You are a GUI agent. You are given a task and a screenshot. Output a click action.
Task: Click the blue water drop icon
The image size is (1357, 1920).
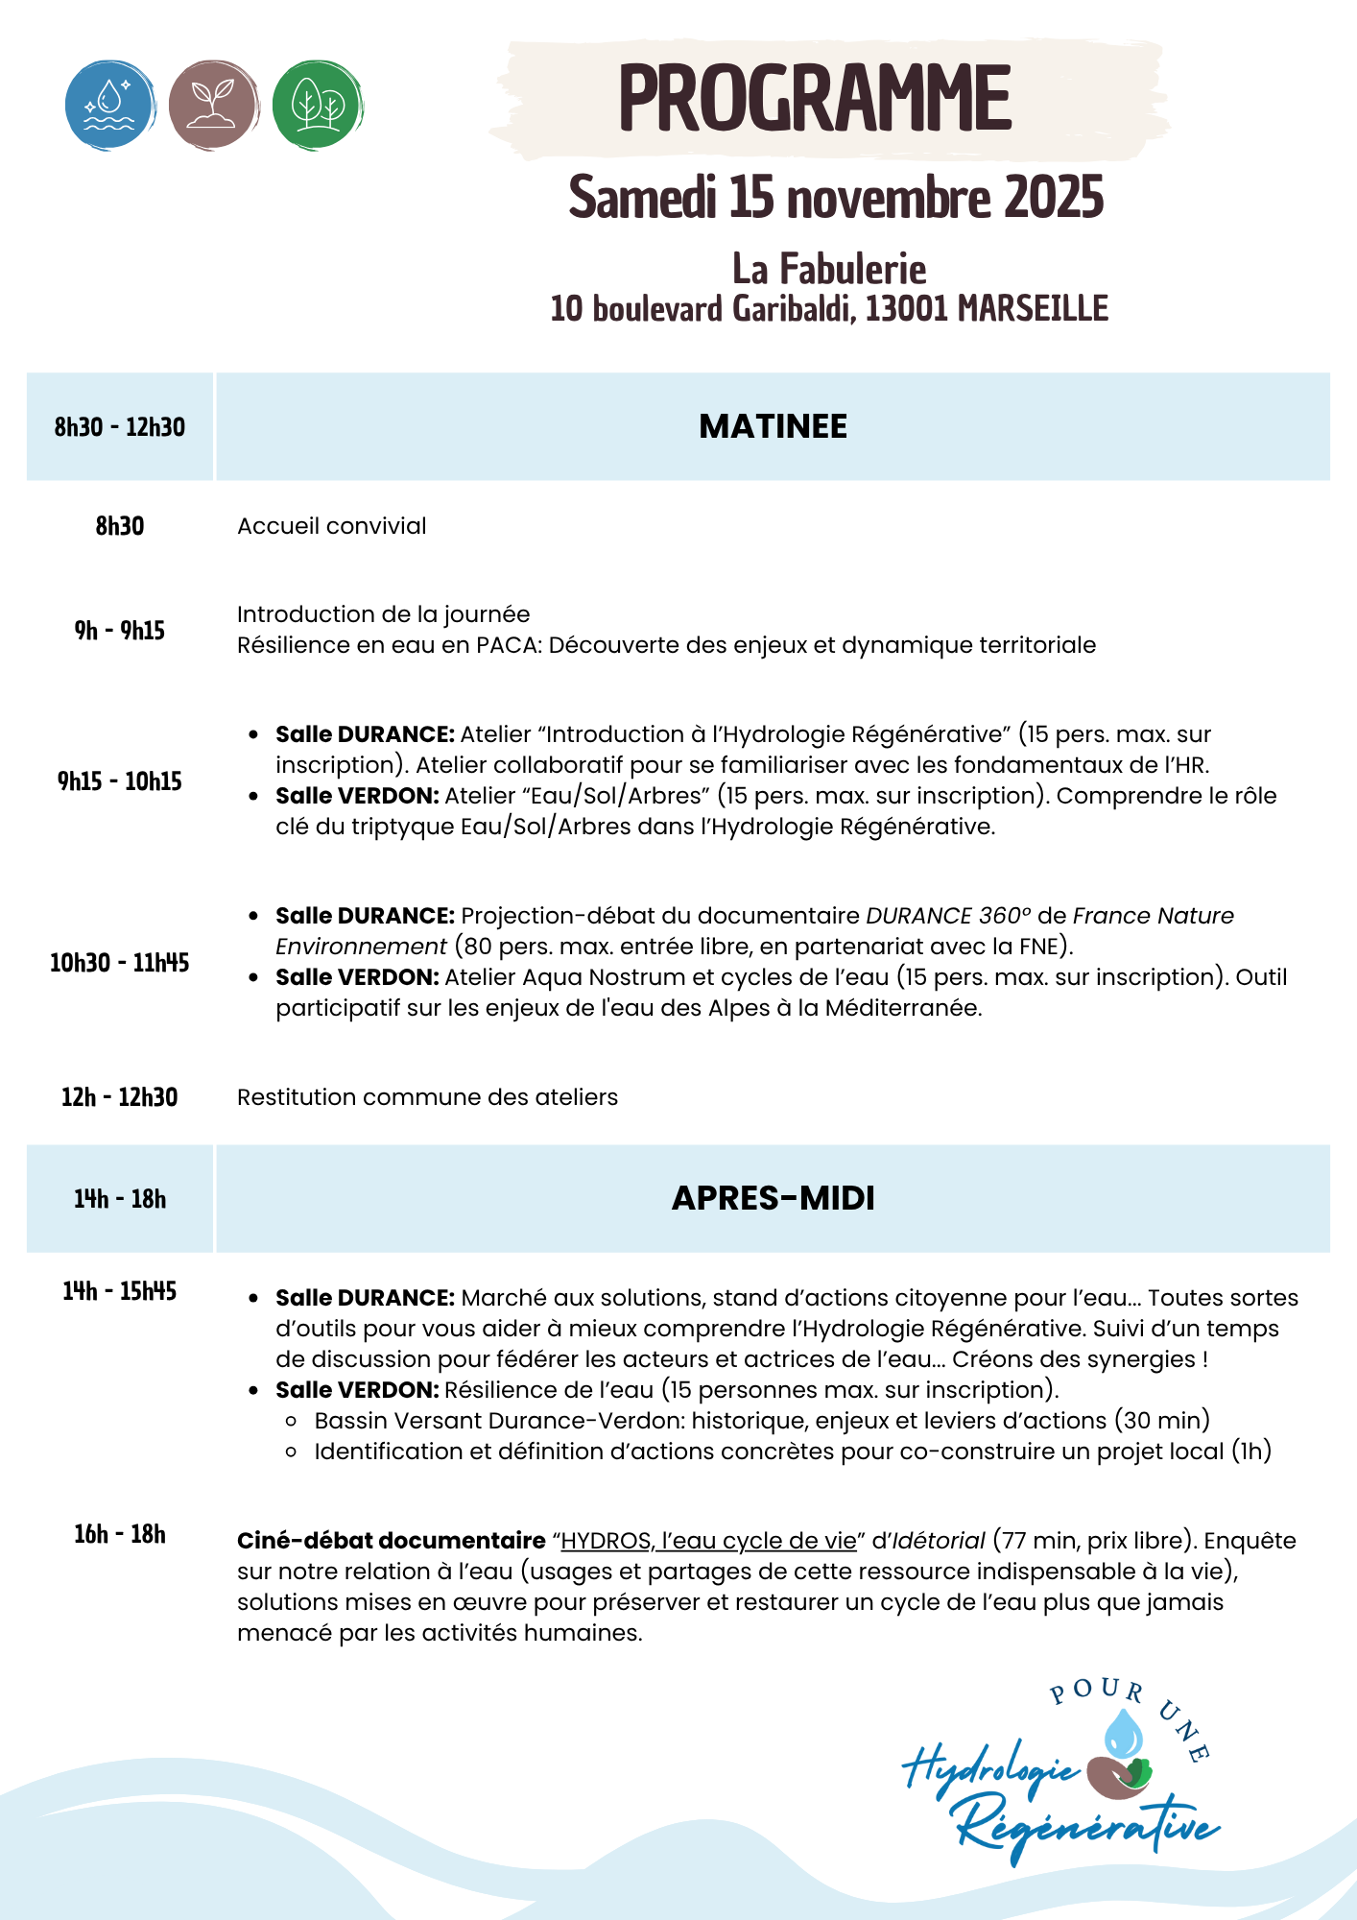110,105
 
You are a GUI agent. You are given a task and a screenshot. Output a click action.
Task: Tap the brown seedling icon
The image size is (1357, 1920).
213,105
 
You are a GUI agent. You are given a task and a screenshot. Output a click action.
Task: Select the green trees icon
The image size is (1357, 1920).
318,105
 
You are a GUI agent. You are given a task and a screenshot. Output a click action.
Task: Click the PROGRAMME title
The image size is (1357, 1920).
815,98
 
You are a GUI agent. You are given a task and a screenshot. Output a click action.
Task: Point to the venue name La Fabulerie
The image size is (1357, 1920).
829,269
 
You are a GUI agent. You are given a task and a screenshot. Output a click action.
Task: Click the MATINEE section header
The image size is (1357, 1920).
773,426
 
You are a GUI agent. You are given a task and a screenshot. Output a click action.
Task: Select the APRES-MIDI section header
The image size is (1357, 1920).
773,1198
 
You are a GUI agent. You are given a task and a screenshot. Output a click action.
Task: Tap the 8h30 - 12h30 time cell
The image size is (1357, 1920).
120,427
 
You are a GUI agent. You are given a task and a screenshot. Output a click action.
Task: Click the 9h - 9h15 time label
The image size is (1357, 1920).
120,631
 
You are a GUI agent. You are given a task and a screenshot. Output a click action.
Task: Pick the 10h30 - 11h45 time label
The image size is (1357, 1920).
120,963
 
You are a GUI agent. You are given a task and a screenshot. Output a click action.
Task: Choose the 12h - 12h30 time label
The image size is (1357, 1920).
120,1097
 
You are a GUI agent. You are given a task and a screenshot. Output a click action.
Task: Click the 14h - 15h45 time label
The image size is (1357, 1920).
120,1291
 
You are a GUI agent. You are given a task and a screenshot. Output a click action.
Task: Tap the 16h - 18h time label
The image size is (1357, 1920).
120,1534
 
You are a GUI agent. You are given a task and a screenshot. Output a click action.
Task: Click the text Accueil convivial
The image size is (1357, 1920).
332,526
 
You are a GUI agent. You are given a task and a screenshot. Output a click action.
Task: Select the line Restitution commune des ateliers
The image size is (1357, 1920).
427,1097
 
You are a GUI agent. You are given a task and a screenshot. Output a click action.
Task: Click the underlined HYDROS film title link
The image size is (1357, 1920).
708,1541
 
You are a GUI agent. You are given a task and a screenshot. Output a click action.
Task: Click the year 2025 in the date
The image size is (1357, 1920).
1054,198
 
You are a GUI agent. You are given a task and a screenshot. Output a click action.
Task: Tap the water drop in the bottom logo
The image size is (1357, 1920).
1123,1733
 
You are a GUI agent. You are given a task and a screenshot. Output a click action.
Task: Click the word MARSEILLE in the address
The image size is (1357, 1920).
1033,309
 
